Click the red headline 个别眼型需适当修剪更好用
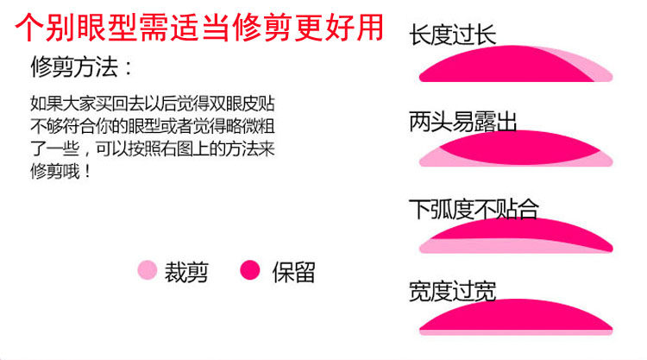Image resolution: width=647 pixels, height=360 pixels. click(200, 28)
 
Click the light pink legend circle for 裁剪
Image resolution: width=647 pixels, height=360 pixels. click(148, 271)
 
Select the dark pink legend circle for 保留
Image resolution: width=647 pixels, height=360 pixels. click(249, 271)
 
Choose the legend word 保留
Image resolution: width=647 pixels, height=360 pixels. click(293, 272)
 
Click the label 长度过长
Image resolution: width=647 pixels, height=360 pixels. click(453, 35)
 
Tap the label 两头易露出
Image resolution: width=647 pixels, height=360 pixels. click(463, 122)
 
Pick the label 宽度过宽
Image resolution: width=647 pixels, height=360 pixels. click(453, 292)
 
